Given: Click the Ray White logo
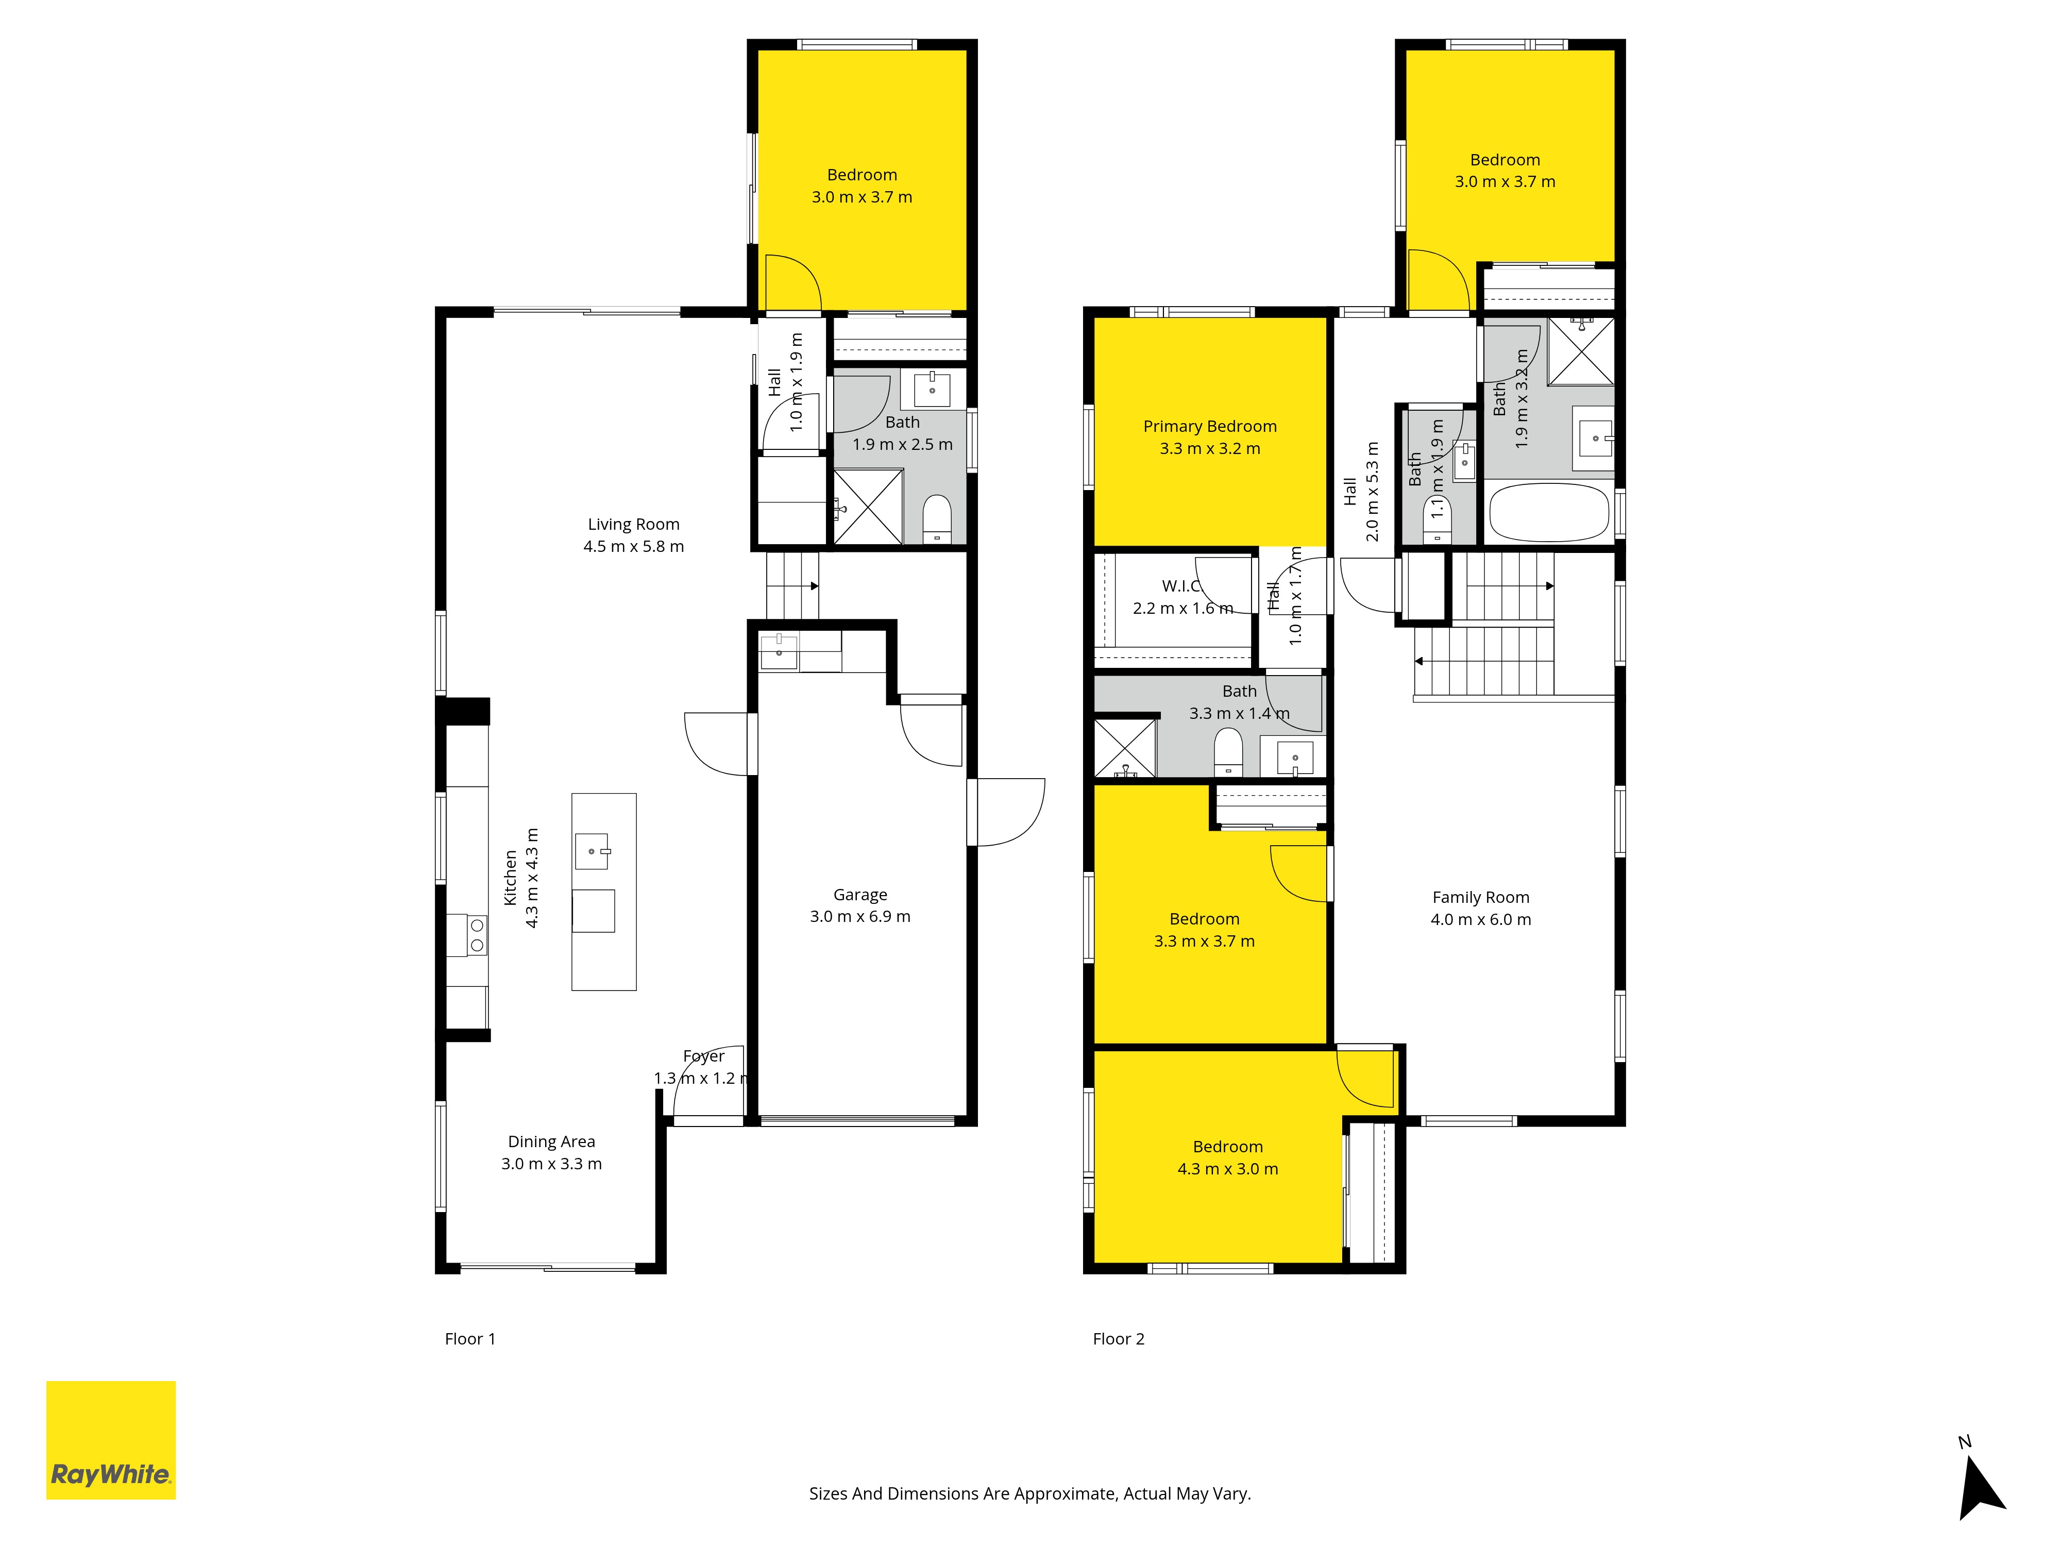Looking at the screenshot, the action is (111, 1440).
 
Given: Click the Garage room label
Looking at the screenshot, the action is (860, 895).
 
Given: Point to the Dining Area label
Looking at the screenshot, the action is (552, 1141).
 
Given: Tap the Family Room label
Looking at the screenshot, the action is (1480, 897).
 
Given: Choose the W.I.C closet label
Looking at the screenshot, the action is (1181, 586).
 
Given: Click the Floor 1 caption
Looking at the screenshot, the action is (469, 1339).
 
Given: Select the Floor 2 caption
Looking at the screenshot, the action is (1118, 1339).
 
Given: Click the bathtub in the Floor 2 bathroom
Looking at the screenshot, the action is (1548, 513).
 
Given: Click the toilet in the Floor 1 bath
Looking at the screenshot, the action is (936, 518).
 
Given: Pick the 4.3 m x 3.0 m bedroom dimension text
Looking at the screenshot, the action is (1227, 1169).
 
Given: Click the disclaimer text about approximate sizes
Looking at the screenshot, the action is (1029, 1494).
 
